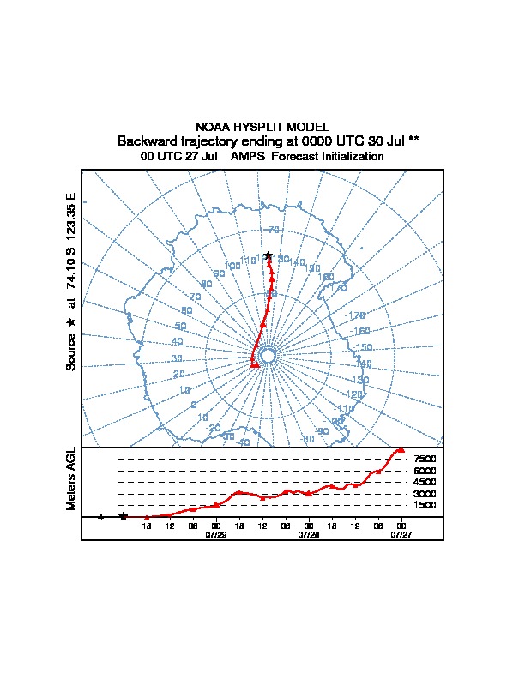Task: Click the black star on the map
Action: click(269, 255)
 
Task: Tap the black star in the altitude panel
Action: click(124, 516)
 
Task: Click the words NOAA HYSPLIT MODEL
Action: click(262, 127)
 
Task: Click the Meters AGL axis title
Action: click(71, 478)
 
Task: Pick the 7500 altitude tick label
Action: click(425, 460)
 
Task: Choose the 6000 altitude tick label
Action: click(425, 471)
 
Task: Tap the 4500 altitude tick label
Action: click(425, 483)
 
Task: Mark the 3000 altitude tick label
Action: click(425, 494)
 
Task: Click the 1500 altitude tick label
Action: click(425, 505)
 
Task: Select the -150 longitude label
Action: click(363, 347)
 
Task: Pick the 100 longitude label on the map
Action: click(232, 267)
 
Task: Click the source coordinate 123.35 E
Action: click(71, 215)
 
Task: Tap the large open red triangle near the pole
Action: click(255, 364)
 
